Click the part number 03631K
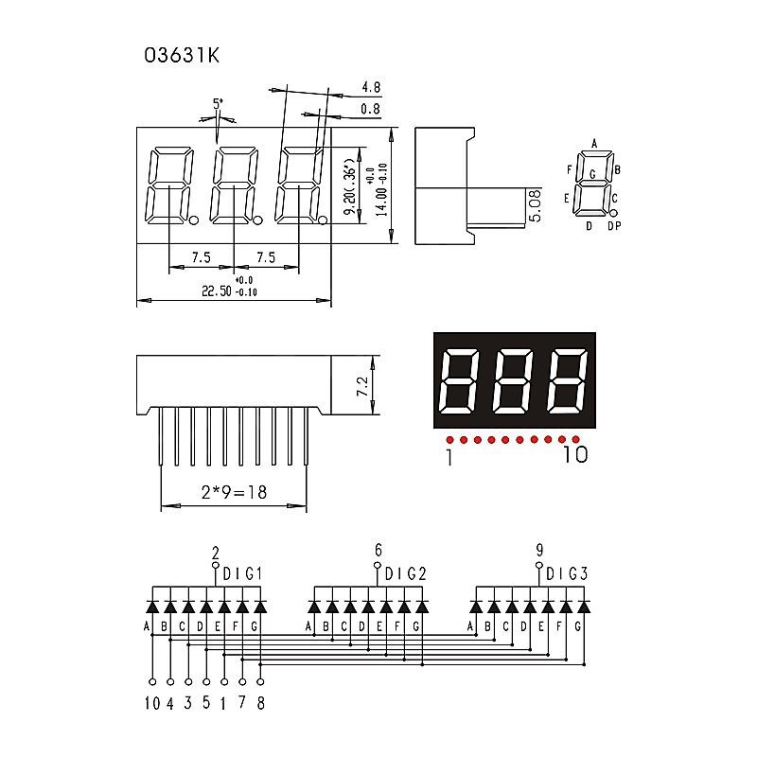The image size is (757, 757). click(x=182, y=56)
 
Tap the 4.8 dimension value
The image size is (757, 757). click(x=371, y=88)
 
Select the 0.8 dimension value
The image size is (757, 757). click(x=371, y=110)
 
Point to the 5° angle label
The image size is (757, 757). click(x=218, y=103)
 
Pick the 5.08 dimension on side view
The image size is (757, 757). click(x=536, y=205)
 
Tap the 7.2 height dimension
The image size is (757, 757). click(x=361, y=386)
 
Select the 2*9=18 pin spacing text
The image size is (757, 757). click(x=233, y=493)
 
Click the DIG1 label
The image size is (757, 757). click(x=242, y=573)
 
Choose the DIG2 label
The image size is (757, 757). click(x=405, y=573)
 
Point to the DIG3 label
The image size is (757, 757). click(x=566, y=573)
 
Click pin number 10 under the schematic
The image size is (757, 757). click(x=151, y=702)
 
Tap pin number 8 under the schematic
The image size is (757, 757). click(x=260, y=702)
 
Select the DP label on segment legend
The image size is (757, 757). click(x=614, y=226)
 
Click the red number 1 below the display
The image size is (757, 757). click(x=449, y=457)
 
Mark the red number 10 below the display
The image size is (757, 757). click(x=574, y=455)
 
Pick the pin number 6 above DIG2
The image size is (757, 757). click(x=378, y=550)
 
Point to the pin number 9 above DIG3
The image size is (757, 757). click(x=539, y=550)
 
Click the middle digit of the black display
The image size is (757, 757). click(x=514, y=382)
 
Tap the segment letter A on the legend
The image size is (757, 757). click(x=594, y=144)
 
